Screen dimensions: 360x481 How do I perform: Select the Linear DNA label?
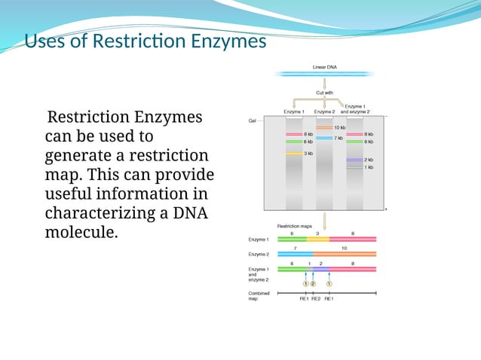point(325,67)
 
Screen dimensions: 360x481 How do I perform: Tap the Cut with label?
point(325,93)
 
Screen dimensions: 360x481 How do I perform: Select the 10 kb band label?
point(339,128)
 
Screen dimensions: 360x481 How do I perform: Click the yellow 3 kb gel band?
point(293,153)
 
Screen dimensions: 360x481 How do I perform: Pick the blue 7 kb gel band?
point(323,139)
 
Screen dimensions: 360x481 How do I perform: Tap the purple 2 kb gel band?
point(354,160)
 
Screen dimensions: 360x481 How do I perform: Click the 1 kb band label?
point(369,167)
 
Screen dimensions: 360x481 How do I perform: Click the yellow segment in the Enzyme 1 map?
point(317,239)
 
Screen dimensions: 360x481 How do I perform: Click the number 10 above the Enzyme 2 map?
point(344,247)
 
